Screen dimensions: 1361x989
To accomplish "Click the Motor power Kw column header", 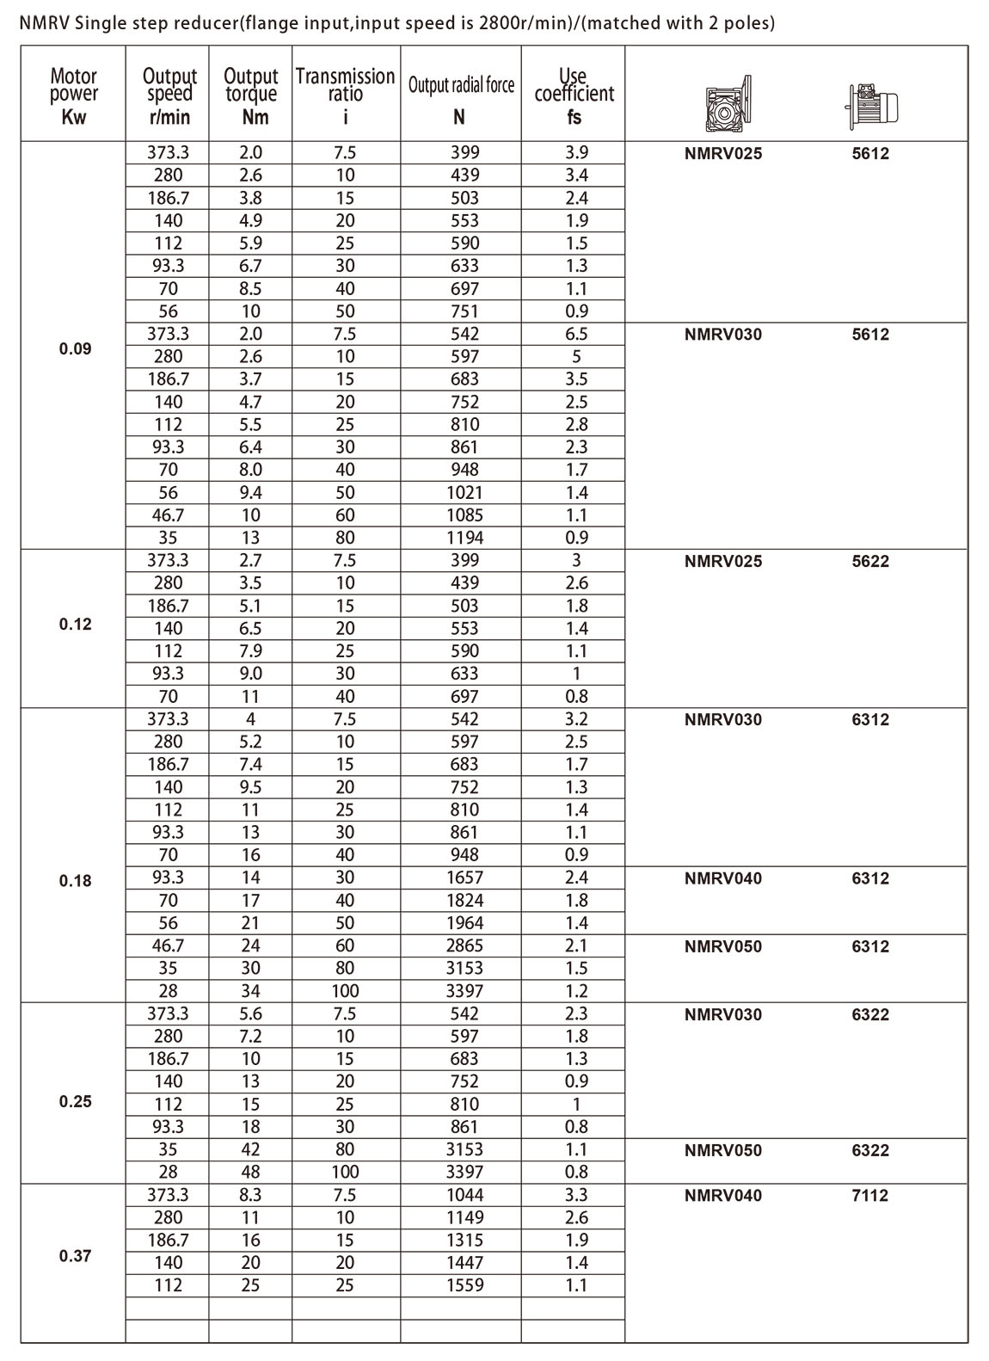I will (74, 95).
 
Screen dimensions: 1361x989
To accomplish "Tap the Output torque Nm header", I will (251, 95).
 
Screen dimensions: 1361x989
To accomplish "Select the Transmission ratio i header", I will (345, 95).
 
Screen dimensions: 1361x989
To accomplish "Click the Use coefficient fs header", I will (574, 95).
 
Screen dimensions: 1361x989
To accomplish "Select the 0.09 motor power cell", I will (75, 349).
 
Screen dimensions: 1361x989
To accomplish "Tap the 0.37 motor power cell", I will (75, 1256).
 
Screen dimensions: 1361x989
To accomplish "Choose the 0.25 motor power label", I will (75, 1102).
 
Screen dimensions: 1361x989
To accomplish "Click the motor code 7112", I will (870, 1195).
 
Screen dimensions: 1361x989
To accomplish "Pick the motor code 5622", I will (870, 561).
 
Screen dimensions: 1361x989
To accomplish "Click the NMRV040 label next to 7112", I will (723, 1195).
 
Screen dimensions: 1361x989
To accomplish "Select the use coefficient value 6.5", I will (576, 334).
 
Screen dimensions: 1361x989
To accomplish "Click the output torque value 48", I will (250, 1172).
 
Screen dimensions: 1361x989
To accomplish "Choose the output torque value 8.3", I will (250, 1195).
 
